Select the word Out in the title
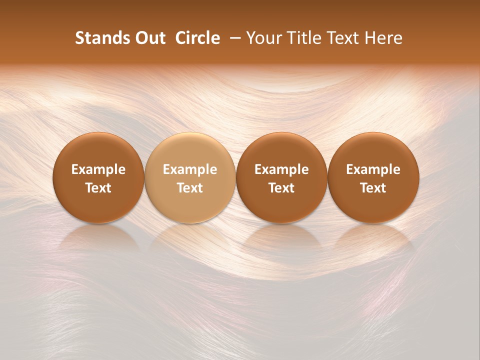pos(149,38)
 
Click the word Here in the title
pos(382,38)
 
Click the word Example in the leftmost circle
pos(98,169)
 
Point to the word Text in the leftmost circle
pos(98,188)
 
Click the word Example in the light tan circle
pos(190,169)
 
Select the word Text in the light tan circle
pos(190,188)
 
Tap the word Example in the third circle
pos(281,169)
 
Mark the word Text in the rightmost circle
pos(373,188)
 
